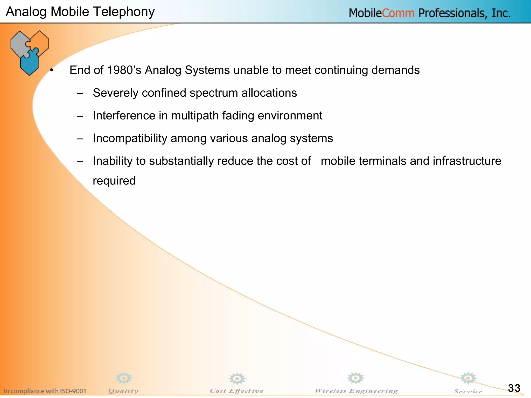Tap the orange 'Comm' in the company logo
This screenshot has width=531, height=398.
click(398, 13)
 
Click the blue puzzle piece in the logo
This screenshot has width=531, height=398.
click(30, 62)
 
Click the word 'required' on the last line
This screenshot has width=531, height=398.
click(114, 181)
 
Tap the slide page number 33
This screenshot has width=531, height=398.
click(514, 388)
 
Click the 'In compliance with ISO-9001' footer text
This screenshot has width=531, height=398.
click(45, 391)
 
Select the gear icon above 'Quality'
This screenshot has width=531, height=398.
click(124, 378)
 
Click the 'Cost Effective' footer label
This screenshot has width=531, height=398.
click(236, 391)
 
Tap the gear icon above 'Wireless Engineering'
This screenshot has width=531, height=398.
click(355, 378)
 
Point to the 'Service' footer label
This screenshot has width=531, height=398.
click(468, 391)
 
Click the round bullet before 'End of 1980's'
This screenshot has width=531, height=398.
click(52, 70)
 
